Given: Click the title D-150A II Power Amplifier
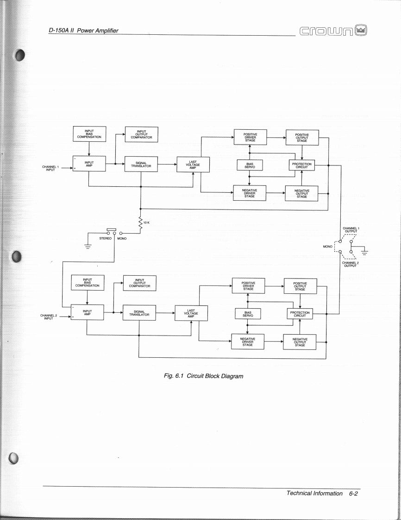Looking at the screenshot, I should [83, 31].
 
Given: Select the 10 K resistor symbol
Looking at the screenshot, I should [140, 223].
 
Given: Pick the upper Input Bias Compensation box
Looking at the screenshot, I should [90, 133].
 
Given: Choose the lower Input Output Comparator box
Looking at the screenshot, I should [139, 282].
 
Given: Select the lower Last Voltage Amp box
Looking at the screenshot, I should [191, 313].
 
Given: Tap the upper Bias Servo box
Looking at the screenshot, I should [250, 165].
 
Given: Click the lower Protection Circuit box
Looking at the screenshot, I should [300, 314].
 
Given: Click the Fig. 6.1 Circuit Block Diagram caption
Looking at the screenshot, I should [203, 376].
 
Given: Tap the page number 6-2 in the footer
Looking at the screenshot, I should [354, 494].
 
